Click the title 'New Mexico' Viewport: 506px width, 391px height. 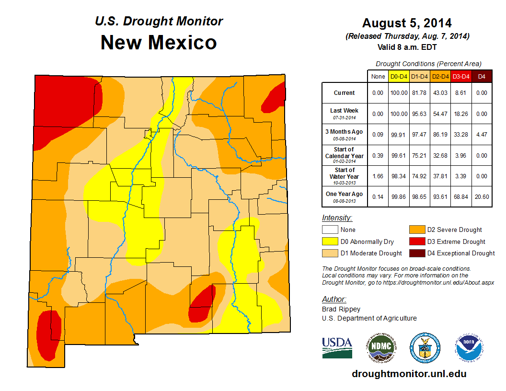(x=159, y=43)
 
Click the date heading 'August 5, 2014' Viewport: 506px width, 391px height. (x=407, y=23)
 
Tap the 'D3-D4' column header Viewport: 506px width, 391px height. (x=460, y=77)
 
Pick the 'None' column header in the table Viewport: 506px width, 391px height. (x=378, y=77)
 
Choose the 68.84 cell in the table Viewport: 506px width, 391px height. (x=460, y=196)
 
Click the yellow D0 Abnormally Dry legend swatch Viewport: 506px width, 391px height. (x=330, y=241)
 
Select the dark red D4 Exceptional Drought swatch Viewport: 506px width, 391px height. (x=416, y=253)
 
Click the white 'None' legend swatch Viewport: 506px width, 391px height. (x=330, y=230)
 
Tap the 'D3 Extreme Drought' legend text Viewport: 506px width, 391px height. (x=456, y=242)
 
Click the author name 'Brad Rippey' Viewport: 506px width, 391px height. (x=341, y=309)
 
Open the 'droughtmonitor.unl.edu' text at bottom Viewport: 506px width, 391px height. (x=409, y=374)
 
